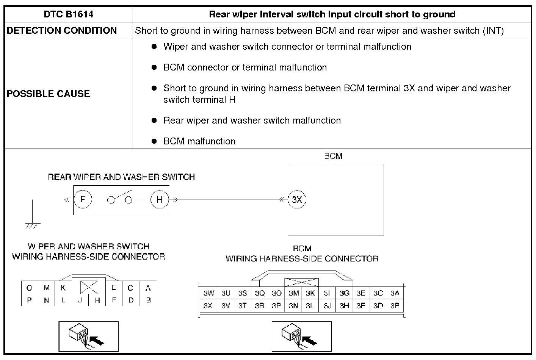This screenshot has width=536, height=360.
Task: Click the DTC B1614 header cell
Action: pos(68,14)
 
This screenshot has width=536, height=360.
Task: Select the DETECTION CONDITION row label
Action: pos(61,31)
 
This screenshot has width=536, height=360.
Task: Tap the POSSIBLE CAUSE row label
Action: pos(48,94)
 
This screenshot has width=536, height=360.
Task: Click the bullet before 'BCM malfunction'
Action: pos(154,141)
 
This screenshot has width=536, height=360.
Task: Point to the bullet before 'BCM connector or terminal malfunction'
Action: pos(154,67)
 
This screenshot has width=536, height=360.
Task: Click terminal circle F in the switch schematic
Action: pos(83,199)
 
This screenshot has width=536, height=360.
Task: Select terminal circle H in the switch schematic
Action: pos(160,199)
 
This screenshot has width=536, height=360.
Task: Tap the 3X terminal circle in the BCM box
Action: pos(297,199)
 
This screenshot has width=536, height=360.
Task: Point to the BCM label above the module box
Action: pos(333,156)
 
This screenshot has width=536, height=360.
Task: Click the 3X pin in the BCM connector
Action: pos(208,305)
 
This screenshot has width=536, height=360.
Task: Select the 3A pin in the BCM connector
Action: pos(395,293)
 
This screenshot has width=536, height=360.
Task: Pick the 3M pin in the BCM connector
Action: pos(293,293)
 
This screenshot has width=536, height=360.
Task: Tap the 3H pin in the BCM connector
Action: pos(344,305)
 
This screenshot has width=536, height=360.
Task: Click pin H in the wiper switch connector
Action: pos(97,300)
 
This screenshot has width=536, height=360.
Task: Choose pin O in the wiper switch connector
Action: pos(29,288)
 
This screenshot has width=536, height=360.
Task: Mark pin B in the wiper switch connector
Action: pos(148,300)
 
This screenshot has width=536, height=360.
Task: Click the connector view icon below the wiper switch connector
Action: pos(88,337)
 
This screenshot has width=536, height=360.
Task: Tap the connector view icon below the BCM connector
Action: pos(301,337)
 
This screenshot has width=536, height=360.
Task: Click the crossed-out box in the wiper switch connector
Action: pos(89,287)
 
